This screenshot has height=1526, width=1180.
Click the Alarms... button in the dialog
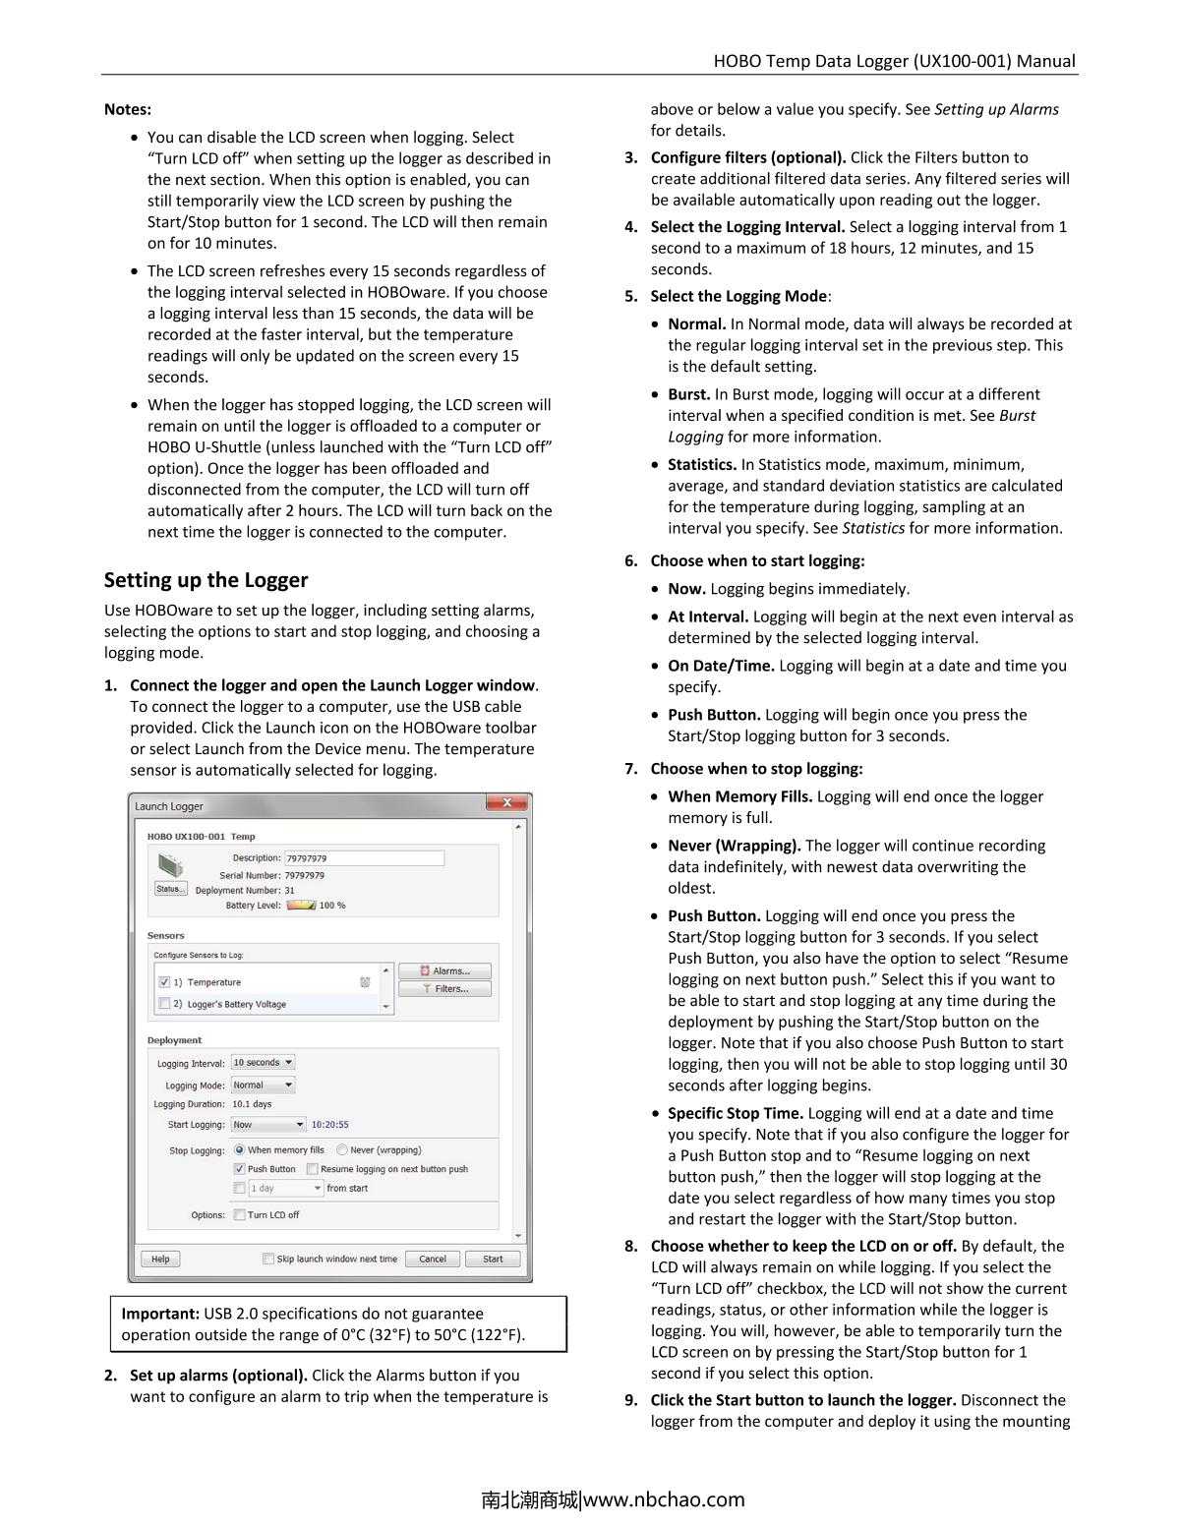444,970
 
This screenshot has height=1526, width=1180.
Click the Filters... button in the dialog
444,989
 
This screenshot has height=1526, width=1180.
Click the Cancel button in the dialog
433,1259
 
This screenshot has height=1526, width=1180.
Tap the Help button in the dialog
160,1259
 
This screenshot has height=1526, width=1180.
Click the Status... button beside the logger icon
170,889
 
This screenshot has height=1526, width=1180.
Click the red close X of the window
506,803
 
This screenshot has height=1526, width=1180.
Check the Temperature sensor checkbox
164,982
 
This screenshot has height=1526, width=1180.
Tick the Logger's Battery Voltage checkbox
164,1004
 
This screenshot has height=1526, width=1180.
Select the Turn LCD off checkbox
239,1215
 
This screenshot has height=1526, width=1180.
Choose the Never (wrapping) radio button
342,1150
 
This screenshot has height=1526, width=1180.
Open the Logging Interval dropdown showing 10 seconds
263,1063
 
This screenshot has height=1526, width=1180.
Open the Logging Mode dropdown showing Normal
263,1086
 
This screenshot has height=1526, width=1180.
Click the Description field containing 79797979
364,858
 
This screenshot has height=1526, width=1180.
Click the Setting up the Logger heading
206,580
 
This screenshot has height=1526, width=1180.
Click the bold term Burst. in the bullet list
688,394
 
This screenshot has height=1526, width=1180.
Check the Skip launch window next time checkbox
268,1259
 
